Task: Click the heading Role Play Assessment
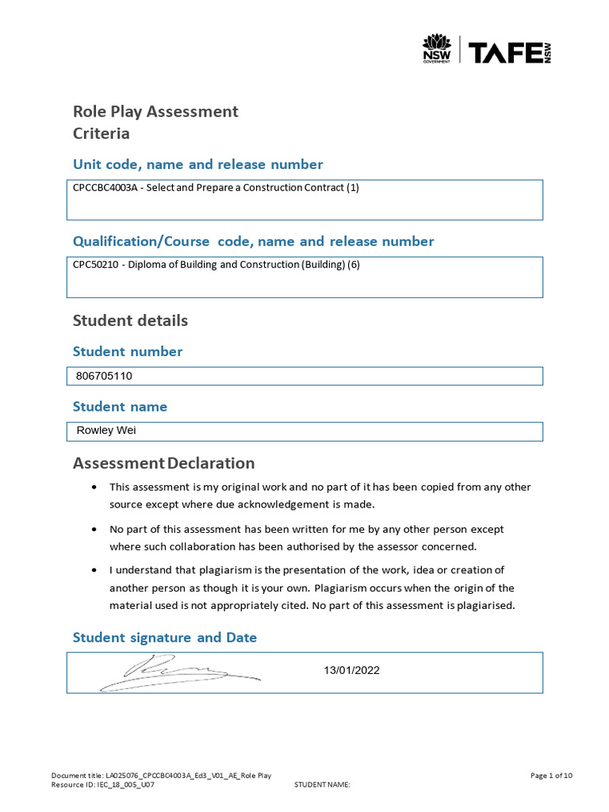155,111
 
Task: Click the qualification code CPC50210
94,265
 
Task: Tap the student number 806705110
104,376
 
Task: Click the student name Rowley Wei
106,431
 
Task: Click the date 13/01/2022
351,670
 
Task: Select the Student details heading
130,320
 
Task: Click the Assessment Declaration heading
163,463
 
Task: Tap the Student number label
128,351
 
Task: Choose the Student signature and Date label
165,638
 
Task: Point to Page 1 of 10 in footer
551,776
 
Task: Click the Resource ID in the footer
102,784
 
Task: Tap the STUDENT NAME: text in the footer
322,784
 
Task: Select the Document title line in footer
161,776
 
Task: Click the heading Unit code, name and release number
197,164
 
